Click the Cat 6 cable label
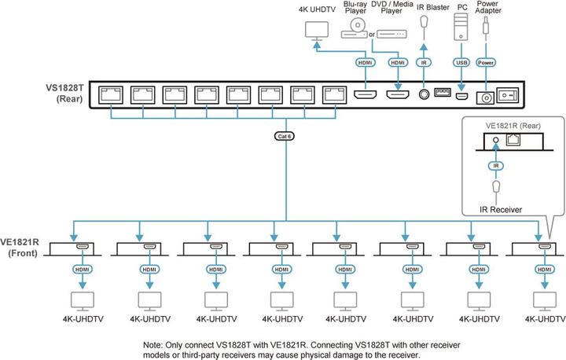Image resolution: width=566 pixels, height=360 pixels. click(x=286, y=135)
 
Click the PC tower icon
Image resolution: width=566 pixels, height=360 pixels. click(x=461, y=31)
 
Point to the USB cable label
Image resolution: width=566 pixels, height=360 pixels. click(x=461, y=61)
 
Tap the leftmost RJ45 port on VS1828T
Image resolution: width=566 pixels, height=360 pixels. click(x=110, y=95)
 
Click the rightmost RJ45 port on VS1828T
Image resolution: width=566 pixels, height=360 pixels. click(x=335, y=95)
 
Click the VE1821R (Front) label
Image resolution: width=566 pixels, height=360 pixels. click(x=24, y=248)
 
